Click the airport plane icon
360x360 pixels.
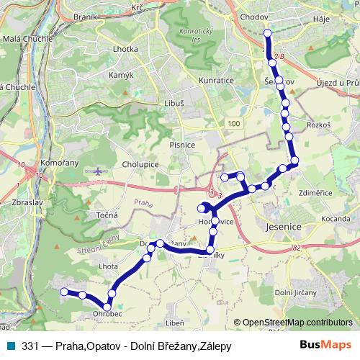point(99,171)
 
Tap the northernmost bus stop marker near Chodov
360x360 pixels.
point(268,33)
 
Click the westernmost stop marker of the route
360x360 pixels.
point(63,292)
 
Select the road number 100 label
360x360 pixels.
point(233,125)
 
